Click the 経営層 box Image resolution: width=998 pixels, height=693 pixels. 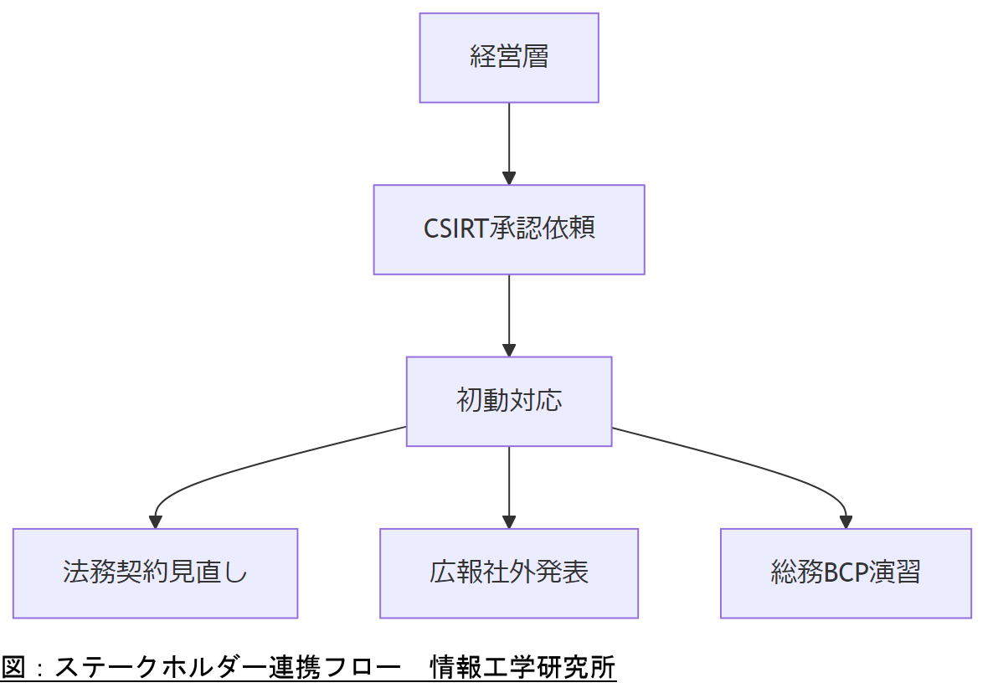[509, 58]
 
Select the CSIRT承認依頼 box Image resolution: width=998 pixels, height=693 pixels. [509, 229]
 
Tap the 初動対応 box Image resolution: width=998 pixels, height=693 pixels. [509, 401]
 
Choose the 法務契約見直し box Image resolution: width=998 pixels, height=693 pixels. [156, 573]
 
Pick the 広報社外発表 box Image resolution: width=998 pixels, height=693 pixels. [509, 573]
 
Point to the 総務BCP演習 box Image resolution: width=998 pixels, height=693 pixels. [846, 573]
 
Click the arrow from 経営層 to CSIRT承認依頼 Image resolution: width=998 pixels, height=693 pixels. [509, 138]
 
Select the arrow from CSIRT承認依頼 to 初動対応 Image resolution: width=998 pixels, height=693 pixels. [509, 310]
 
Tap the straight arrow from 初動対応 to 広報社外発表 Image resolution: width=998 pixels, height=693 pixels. [509, 481]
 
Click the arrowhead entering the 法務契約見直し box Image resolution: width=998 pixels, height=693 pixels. [156, 521]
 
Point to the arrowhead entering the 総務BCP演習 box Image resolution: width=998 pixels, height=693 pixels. [846, 521]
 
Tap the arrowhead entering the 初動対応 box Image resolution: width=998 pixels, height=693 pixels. [509, 350]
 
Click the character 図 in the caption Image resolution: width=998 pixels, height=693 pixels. [13, 668]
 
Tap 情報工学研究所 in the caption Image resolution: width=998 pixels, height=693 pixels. [522, 668]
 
